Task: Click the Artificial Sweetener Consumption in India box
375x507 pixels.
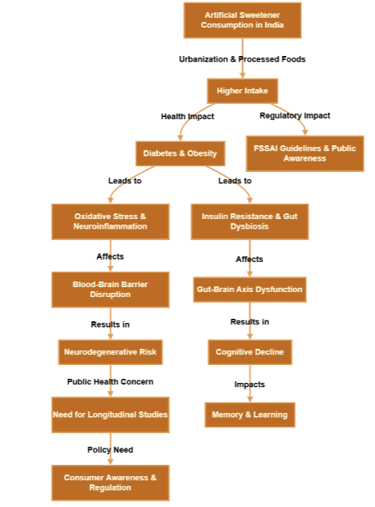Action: click(242, 20)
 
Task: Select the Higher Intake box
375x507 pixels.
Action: click(242, 90)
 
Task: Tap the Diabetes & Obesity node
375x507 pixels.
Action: click(180, 153)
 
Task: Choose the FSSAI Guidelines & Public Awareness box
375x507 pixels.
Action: click(305, 153)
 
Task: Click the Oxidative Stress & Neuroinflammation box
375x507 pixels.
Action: click(110, 221)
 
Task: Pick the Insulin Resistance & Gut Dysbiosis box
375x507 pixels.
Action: click(249, 221)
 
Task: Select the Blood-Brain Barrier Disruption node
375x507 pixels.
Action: click(110, 290)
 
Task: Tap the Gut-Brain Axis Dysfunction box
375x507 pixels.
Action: click(249, 290)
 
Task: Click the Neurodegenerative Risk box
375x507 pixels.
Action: click(110, 352)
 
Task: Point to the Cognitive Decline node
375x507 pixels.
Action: click(249, 352)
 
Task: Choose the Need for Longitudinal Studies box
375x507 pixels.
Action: click(110, 415)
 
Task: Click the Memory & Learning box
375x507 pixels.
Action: click(249, 415)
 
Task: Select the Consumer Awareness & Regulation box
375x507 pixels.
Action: click(110, 483)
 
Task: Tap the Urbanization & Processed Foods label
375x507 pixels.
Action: click(242, 59)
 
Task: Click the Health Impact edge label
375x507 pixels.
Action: click(187, 116)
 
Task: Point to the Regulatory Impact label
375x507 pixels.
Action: click(295, 116)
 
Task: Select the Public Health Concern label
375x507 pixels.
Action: click(110, 381)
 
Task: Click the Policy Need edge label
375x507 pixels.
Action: click(110, 449)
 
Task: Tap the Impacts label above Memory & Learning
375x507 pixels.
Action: click(249, 384)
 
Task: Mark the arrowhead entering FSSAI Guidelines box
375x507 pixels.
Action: click(305, 131)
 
